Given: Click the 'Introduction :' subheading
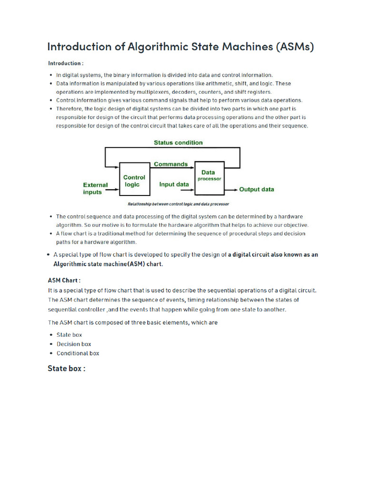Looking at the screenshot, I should point(66,63).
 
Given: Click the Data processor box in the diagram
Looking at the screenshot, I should point(209,179).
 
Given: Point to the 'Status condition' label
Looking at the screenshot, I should point(178,143).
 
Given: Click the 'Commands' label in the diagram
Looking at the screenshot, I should point(171,164).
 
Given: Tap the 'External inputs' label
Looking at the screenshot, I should point(95,188).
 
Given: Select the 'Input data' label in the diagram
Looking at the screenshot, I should point(174,185).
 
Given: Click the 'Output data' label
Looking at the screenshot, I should point(257,189).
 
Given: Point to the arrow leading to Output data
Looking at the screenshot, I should point(231,189).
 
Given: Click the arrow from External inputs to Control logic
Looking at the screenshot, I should point(112,192).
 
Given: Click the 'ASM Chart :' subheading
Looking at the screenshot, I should point(64,280).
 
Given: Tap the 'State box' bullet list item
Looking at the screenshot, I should point(69,335).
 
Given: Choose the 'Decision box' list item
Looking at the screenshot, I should point(74,344).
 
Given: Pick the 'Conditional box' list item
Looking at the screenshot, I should point(78,353).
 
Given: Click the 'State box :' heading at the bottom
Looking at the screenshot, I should point(67,369).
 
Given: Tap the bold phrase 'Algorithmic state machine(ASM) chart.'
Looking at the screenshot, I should point(108,264).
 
